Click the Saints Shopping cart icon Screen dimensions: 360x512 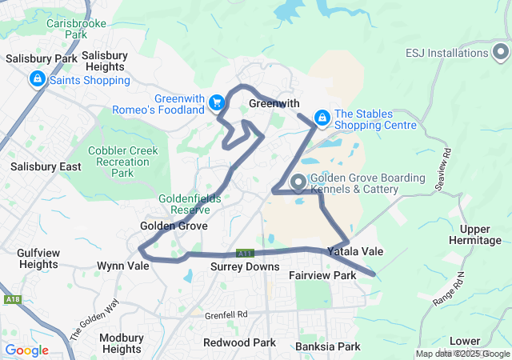pos(38,79)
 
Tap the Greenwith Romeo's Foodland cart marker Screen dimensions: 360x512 pos(216,102)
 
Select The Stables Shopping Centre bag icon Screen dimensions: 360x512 pos(322,118)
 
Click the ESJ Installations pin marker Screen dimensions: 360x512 pos(500,53)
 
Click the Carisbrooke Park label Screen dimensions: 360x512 pos(76,29)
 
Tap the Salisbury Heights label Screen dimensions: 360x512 pos(105,61)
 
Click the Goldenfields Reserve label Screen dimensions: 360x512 pos(184,203)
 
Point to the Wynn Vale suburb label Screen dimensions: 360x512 pos(122,266)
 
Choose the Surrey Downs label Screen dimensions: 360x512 pos(245,266)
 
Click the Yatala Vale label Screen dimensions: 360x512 pos(355,251)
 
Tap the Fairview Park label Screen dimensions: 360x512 pos(322,275)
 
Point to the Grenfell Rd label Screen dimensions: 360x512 pos(231,314)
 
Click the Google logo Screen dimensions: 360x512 pos(26,350)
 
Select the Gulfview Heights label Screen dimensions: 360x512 pos(38,258)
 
